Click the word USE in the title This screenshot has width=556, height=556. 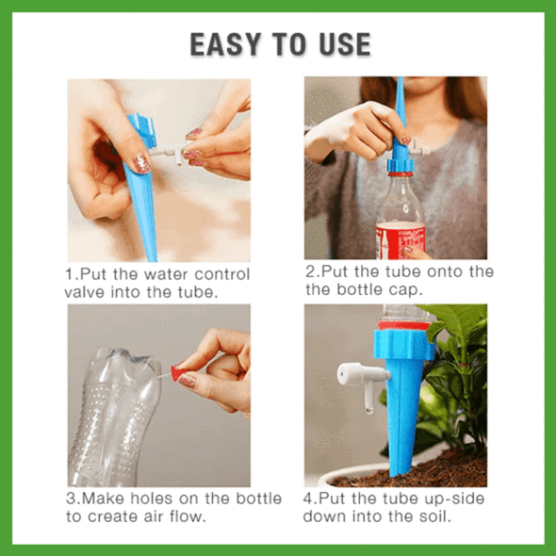pyautogui.click(x=345, y=44)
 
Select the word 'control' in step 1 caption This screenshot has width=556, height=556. pyautogui.click(x=222, y=274)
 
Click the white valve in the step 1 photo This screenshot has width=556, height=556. pyautogui.click(x=168, y=153)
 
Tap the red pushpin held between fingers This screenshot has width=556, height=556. pyautogui.click(x=178, y=373)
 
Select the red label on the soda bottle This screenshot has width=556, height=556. pyautogui.click(x=401, y=240)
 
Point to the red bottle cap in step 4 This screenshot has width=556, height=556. pyautogui.click(x=403, y=325)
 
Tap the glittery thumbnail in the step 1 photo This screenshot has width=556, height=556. pyautogui.click(x=141, y=165)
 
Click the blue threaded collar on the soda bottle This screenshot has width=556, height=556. pyautogui.click(x=401, y=165)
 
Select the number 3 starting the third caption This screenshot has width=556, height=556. pyautogui.click(x=71, y=499)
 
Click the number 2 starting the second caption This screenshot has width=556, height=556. pyautogui.click(x=311, y=271)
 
